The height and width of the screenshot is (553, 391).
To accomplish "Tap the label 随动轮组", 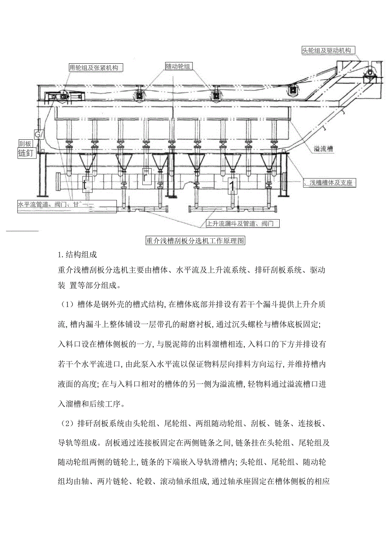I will (178, 66).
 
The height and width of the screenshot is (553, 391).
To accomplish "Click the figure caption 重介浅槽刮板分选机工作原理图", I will (195, 241).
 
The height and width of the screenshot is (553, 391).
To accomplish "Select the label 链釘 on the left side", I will (25, 153).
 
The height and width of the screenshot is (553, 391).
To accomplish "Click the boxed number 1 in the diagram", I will (232, 185).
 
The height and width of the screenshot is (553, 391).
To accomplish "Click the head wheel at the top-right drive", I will (369, 73).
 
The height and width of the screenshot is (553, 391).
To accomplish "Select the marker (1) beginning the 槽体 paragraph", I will (66, 305).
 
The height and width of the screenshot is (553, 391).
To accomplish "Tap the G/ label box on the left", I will (39, 135).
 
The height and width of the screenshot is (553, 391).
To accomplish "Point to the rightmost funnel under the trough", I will (268, 163).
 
